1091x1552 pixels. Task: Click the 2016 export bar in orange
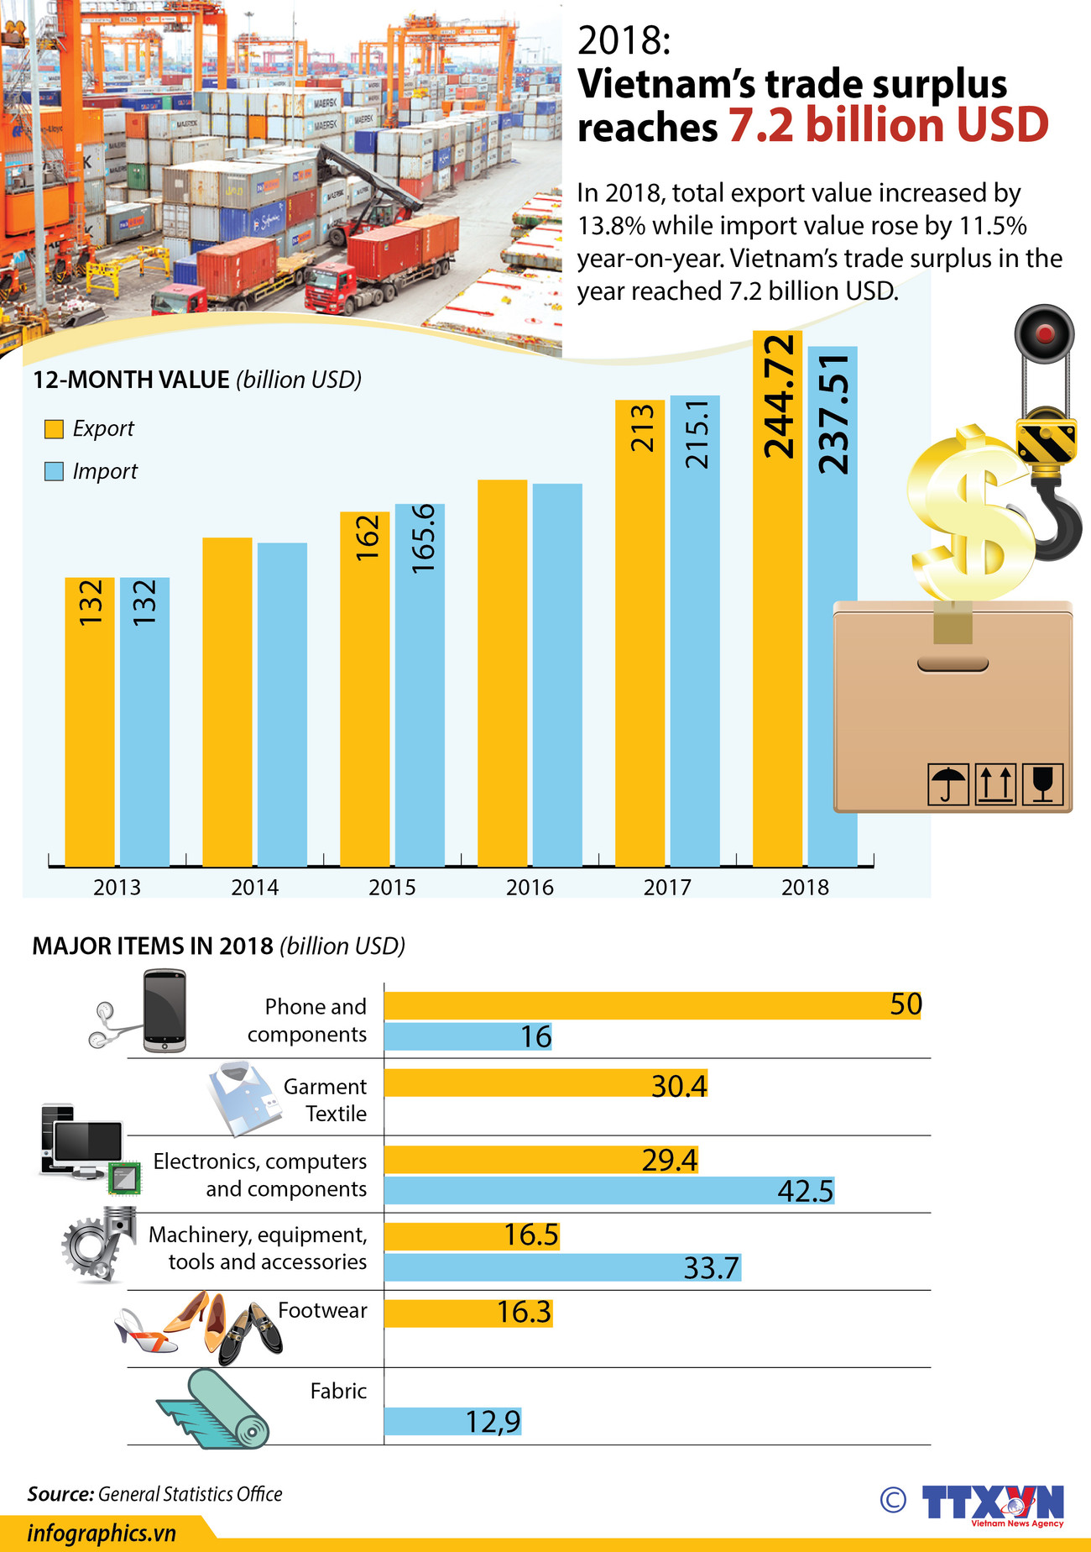pos(502,672)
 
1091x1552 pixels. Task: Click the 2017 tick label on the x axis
pos(667,887)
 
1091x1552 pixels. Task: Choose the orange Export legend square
pos(54,429)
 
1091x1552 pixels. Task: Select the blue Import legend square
pos(54,471)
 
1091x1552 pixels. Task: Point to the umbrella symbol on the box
pos(948,784)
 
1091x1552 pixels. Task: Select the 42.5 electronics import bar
pos(608,1191)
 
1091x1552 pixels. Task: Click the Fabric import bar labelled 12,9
pos(452,1422)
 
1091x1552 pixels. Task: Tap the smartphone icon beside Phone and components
pos(164,1011)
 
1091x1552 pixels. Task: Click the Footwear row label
pos(322,1310)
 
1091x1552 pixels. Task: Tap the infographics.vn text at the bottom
pos(102,1534)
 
